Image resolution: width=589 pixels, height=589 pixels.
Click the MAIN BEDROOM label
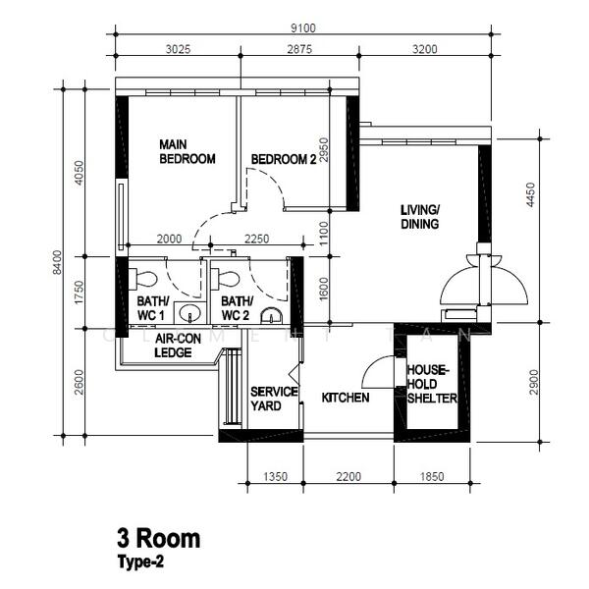click(187, 151)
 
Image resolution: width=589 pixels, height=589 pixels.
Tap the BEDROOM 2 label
click(283, 159)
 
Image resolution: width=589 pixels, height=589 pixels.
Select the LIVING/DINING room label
click(419, 217)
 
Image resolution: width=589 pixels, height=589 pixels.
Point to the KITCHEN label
click(346, 398)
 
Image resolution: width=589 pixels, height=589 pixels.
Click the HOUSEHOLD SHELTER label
click(431, 384)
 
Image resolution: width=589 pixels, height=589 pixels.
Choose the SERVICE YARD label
click(273, 398)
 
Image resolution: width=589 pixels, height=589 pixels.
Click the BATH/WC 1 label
click(152, 308)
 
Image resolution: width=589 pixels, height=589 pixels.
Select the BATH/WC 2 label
click(237, 308)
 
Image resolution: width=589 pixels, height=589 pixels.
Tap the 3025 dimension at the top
click(177, 49)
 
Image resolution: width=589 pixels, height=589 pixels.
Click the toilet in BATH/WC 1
click(144, 277)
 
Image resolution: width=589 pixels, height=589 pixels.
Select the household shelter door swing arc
click(374, 370)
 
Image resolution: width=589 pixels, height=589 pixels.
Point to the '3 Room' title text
click(158, 538)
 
